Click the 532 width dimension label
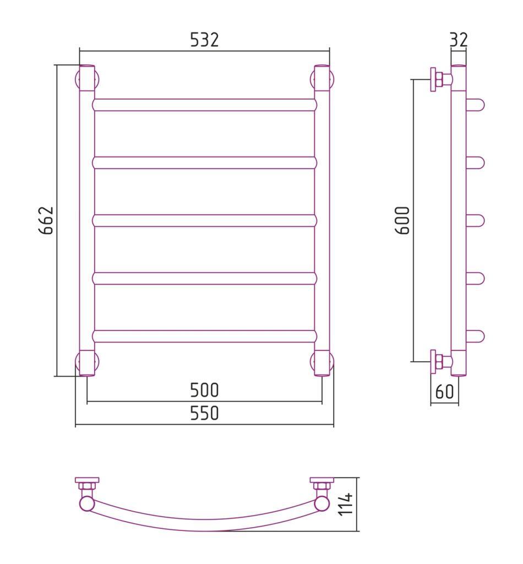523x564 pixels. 204,40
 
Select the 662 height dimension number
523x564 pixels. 46,220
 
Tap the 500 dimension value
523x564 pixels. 204,390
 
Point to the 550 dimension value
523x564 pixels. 204,413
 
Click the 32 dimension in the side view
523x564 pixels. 459,40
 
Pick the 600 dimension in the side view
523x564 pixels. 402,220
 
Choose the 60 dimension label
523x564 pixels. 445,392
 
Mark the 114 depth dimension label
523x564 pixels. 346,505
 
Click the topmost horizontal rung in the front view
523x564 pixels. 205,105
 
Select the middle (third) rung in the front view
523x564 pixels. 205,220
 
